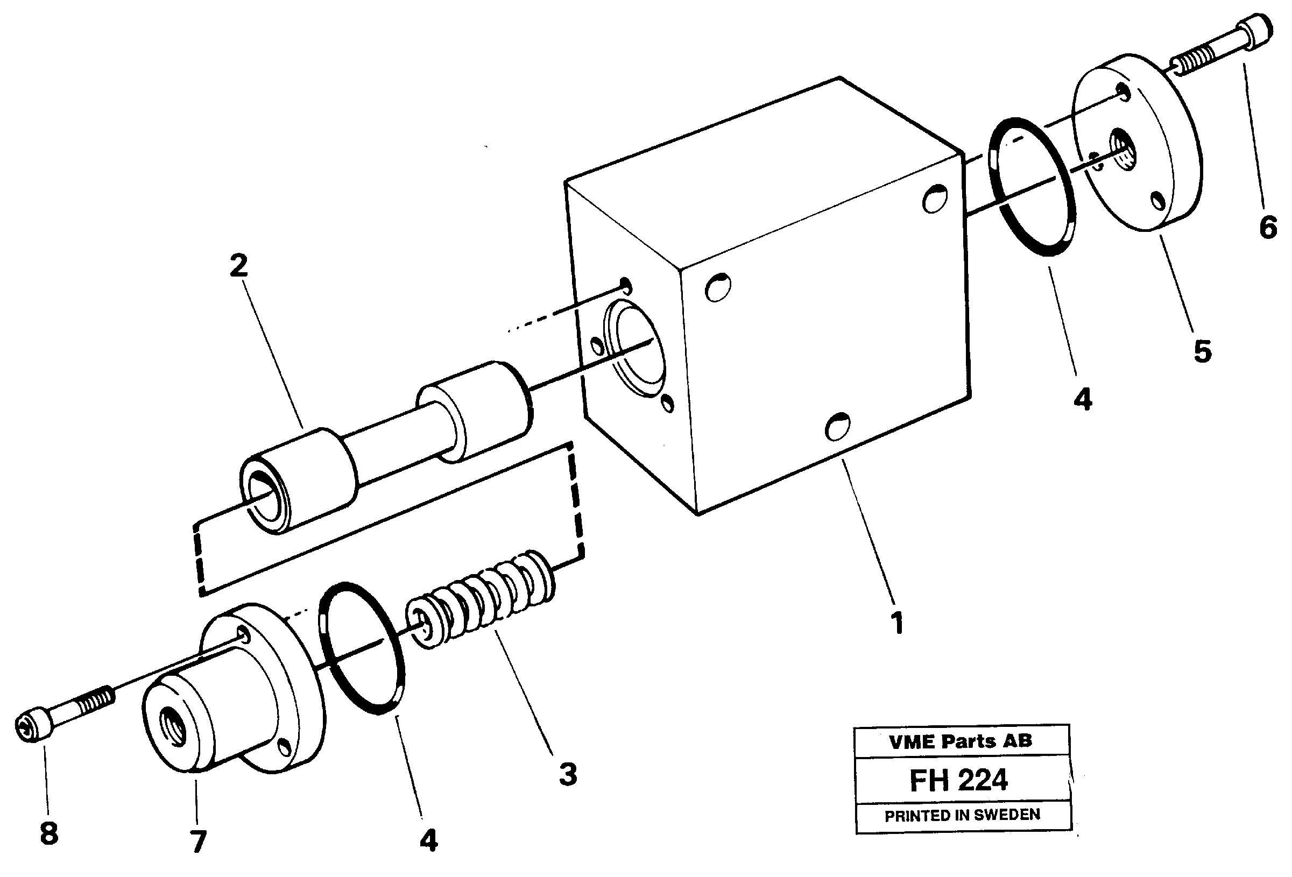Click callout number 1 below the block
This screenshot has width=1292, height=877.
click(896, 623)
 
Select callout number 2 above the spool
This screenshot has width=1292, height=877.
click(238, 266)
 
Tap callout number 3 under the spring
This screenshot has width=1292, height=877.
click(568, 774)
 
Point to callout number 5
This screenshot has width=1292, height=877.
click(1202, 351)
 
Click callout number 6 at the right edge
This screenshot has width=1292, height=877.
click(1268, 227)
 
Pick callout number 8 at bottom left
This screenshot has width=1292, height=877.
click(49, 833)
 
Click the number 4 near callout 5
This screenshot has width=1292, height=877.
click(1083, 399)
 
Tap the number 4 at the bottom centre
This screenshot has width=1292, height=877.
click(429, 841)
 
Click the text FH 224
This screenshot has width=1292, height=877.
click(958, 780)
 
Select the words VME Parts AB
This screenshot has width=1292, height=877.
click(960, 741)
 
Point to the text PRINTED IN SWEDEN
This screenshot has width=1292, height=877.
click(962, 815)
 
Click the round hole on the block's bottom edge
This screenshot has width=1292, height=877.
click(837, 427)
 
